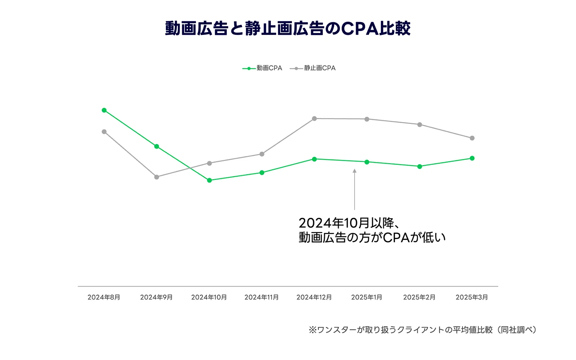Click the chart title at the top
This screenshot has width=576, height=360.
pos(288,28)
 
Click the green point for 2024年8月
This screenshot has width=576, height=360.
pos(104,110)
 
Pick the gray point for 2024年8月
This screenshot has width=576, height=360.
pos(104,132)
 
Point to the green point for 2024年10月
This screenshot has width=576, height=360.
pos(209,180)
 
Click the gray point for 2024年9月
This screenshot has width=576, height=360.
pos(157,177)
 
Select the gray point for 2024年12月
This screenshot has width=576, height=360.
pos(314,118)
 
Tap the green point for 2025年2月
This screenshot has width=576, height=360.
pos(419,167)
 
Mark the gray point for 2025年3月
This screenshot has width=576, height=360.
pos(472,138)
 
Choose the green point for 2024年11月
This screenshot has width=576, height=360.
pos(262,173)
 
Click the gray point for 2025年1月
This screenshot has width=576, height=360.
pos(367,119)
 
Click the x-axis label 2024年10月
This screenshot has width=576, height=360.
pos(209,297)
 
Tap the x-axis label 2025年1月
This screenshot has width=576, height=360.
pos(367,297)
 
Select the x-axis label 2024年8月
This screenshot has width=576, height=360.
pos(104,297)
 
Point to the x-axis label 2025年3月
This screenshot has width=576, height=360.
pos(472,297)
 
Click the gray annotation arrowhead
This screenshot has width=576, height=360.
pos(355,171)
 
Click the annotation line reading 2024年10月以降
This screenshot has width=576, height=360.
pos(348,223)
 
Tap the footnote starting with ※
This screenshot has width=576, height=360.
pos(423,330)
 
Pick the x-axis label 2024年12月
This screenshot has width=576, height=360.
pos(314,297)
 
